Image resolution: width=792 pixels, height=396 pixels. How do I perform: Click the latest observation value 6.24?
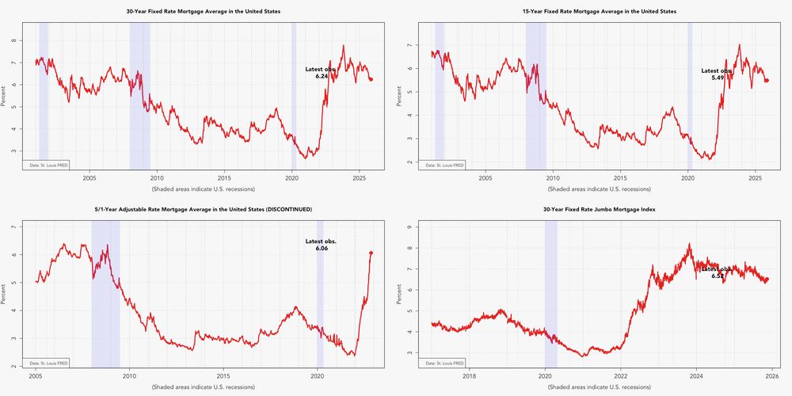coord(322,76)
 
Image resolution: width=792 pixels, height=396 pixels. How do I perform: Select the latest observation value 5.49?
coord(718,78)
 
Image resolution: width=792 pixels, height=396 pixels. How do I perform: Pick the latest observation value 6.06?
coord(322,249)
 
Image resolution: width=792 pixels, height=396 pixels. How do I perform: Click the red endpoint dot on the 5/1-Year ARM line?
coord(371,253)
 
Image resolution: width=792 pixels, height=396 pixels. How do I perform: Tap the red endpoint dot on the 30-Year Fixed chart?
coord(371,79)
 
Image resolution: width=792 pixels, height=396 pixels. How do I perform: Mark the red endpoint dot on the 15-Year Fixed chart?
coord(766,81)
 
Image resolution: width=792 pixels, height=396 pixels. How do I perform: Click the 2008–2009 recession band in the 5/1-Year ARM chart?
coord(105,293)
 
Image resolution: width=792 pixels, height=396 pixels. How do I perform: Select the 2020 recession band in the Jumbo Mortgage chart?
coord(551,293)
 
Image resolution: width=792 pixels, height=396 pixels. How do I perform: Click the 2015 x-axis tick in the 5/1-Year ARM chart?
coord(223,376)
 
